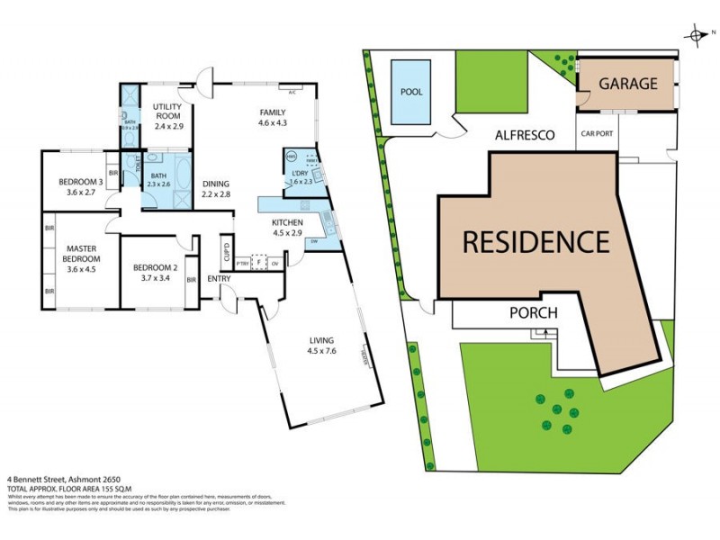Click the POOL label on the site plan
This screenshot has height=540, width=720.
point(410,90)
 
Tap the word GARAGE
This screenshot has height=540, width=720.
point(629,83)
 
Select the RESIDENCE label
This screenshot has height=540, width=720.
point(535,242)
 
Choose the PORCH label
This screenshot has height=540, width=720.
point(534,313)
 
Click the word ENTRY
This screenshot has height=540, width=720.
point(219,278)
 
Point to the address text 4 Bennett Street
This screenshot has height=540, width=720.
point(35,478)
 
